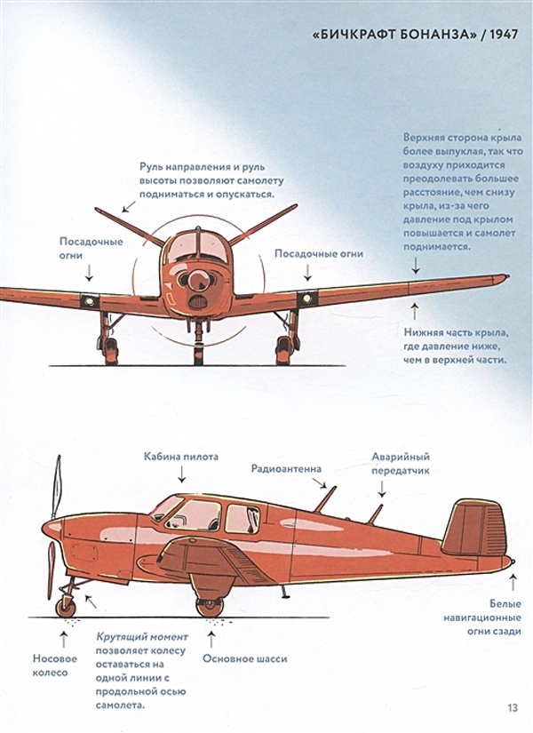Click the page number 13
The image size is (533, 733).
tap(513, 708)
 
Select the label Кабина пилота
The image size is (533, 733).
tap(181, 457)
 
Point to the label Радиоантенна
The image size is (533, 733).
tap(286, 468)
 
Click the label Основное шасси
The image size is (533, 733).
tap(244, 658)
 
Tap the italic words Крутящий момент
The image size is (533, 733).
tap(142, 637)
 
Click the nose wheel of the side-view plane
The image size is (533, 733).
tap(66, 607)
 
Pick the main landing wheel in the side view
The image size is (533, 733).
tap(210, 607)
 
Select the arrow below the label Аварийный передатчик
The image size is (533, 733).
tap(381, 489)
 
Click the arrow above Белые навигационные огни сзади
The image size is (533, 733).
tap(513, 583)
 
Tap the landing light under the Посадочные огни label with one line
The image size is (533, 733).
tap(307, 299)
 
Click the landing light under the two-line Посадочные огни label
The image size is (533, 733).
tap(90, 301)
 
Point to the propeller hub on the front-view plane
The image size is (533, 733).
tap(195, 280)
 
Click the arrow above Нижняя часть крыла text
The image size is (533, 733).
tap(414, 311)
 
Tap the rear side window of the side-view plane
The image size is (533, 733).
tap(243, 519)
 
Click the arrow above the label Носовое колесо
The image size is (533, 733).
tap(64, 639)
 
